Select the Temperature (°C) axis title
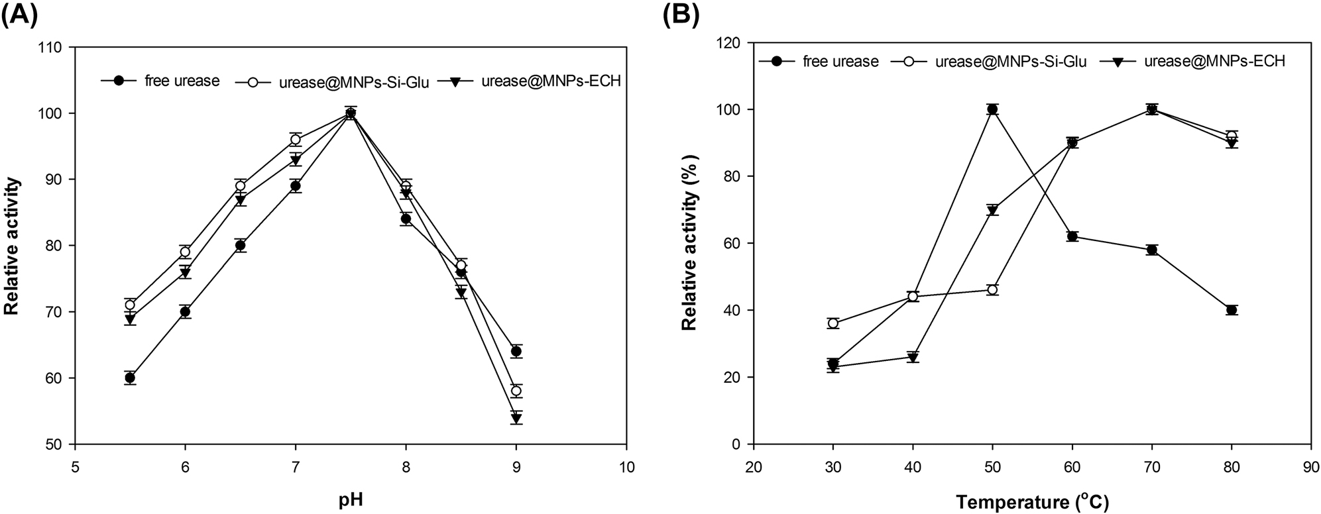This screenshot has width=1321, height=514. click(x=1032, y=501)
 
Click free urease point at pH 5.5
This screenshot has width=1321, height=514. click(x=130, y=378)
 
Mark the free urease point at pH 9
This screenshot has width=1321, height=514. click(x=516, y=352)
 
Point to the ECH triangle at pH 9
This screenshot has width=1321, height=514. click(x=516, y=418)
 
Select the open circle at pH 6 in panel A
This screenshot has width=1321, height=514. click(x=185, y=252)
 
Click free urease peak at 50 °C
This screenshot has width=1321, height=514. click(x=992, y=109)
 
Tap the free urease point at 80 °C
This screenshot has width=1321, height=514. click(x=1232, y=310)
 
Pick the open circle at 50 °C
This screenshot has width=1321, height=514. click(x=992, y=289)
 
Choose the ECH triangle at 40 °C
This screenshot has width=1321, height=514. click(x=913, y=358)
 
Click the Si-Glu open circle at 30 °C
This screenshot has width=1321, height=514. click(x=833, y=323)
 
